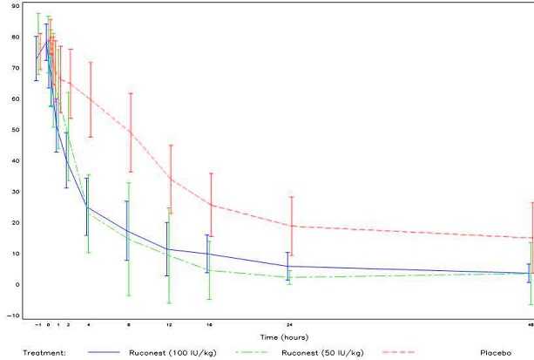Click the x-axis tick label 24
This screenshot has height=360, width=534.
(289, 324)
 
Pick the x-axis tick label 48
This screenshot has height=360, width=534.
(530, 324)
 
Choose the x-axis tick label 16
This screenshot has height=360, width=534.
(209, 324)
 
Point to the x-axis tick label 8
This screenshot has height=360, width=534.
(129, 324)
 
